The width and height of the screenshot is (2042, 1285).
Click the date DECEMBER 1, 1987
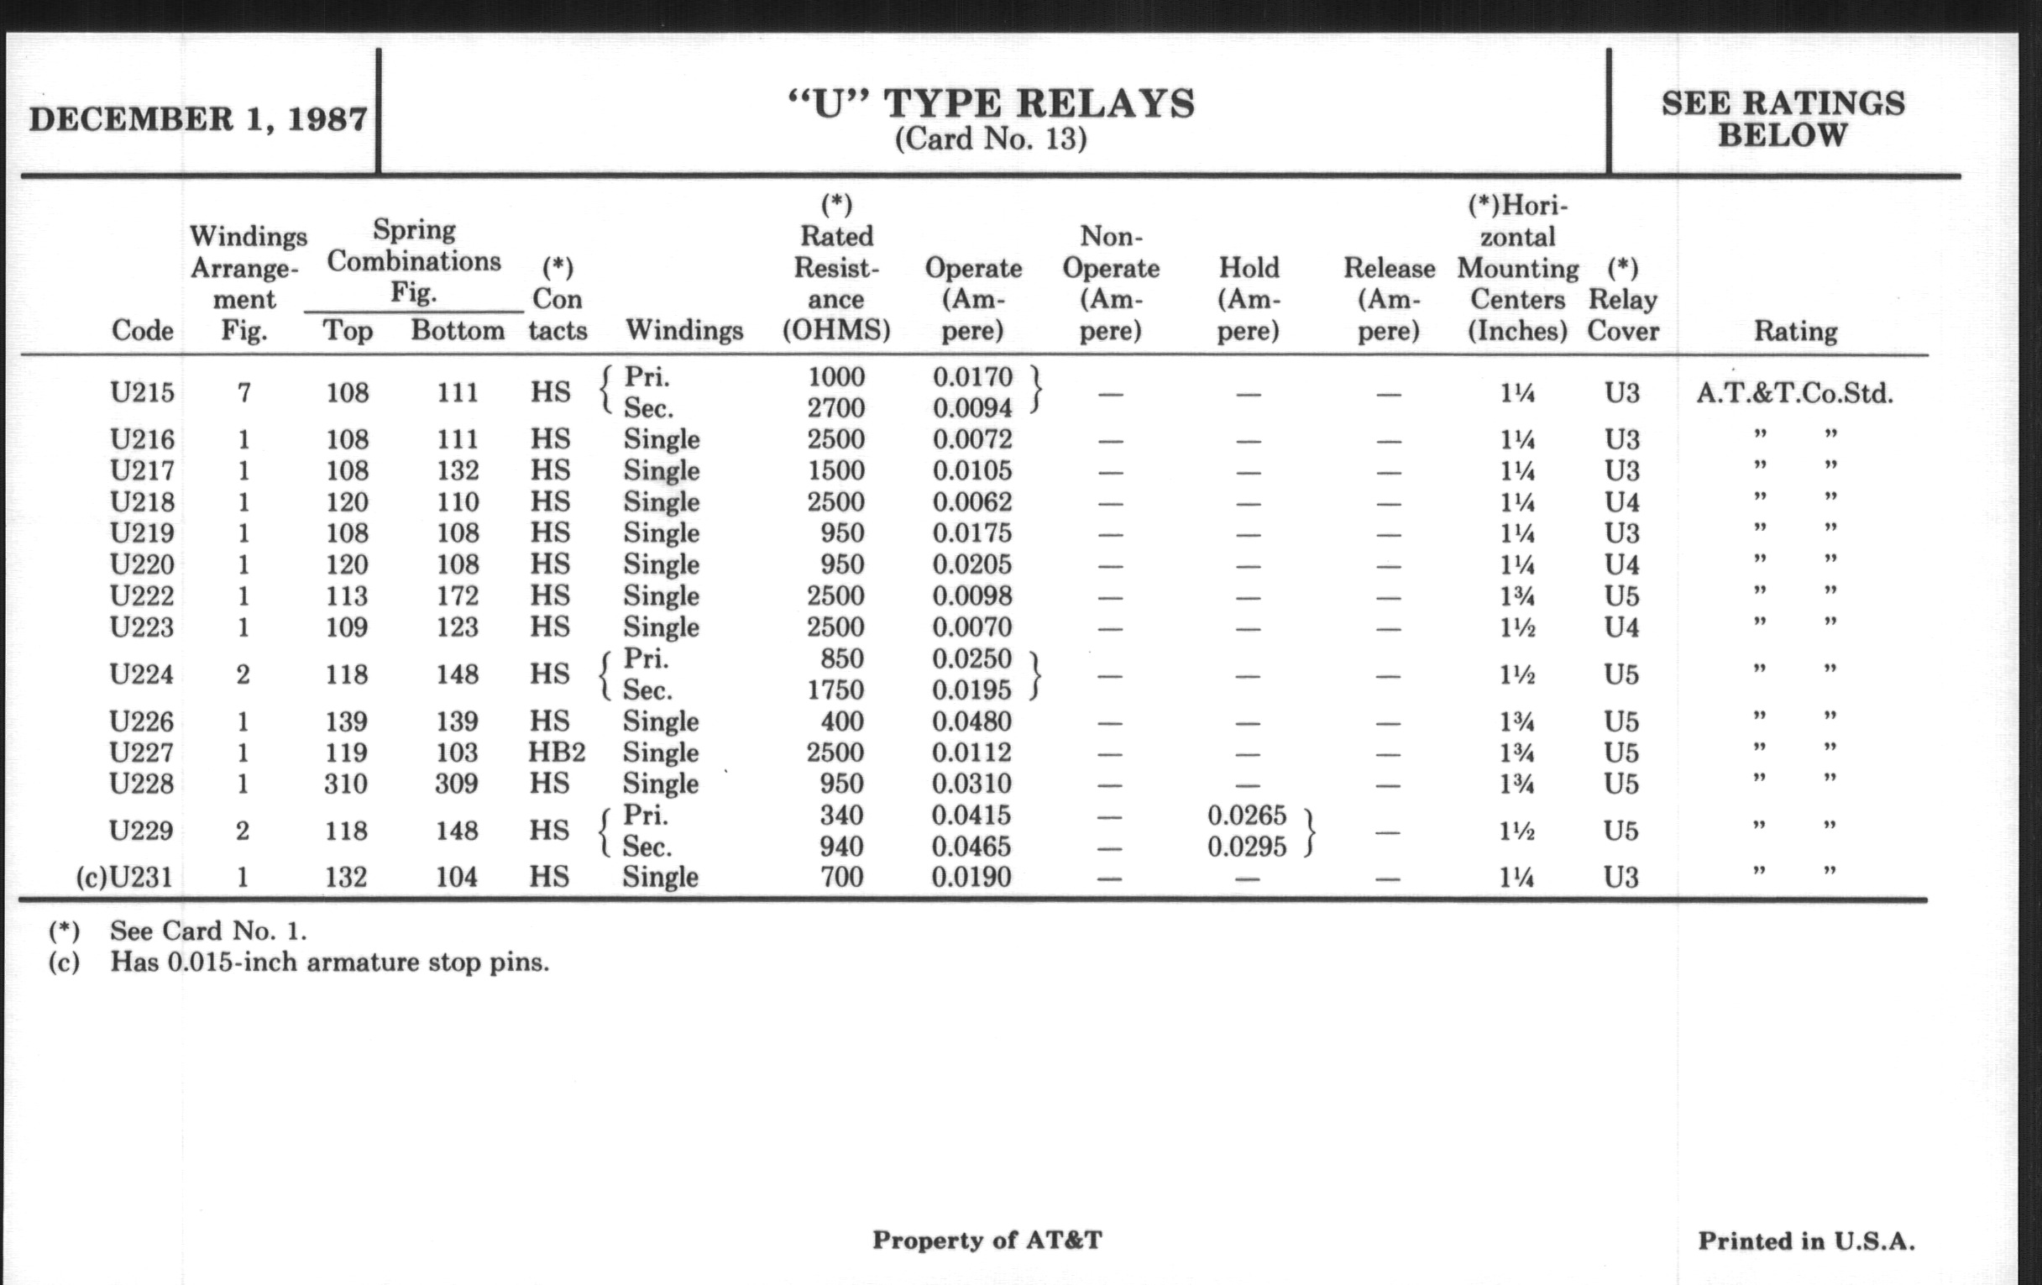[x=198, y=118]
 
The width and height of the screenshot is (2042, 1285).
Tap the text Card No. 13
[x=991, y=139]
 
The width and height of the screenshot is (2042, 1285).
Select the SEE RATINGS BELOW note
[x=1783, y=118]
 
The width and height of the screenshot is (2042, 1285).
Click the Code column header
[x=142, y=330]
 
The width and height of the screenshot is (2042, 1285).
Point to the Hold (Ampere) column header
[x=1249, y=298]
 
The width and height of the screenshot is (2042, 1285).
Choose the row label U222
[x=142, y=595]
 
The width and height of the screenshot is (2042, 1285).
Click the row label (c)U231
[x=124, y=876]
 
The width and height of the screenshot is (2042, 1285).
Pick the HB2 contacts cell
[x=557, y=753]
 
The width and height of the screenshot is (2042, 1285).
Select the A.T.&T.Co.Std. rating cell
[x=1794, y=394]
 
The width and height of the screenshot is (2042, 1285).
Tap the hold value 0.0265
[x=1247, y=816]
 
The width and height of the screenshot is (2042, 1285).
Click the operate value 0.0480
[x=971, y=721]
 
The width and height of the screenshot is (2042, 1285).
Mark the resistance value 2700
[x=836, y=408]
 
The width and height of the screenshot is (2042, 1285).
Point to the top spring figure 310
[x=346, y=784]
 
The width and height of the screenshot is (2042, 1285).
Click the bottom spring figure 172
[x=458, y=595]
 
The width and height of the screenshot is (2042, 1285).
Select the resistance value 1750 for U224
[x=835, y=690]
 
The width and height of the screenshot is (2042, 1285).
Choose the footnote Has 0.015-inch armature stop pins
[x=329, y=962]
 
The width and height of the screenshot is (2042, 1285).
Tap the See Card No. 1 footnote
[x=207, y=931]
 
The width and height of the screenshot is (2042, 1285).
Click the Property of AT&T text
[x=987, y=1240]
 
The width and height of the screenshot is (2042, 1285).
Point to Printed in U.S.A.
[x=1806, y=1240]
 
